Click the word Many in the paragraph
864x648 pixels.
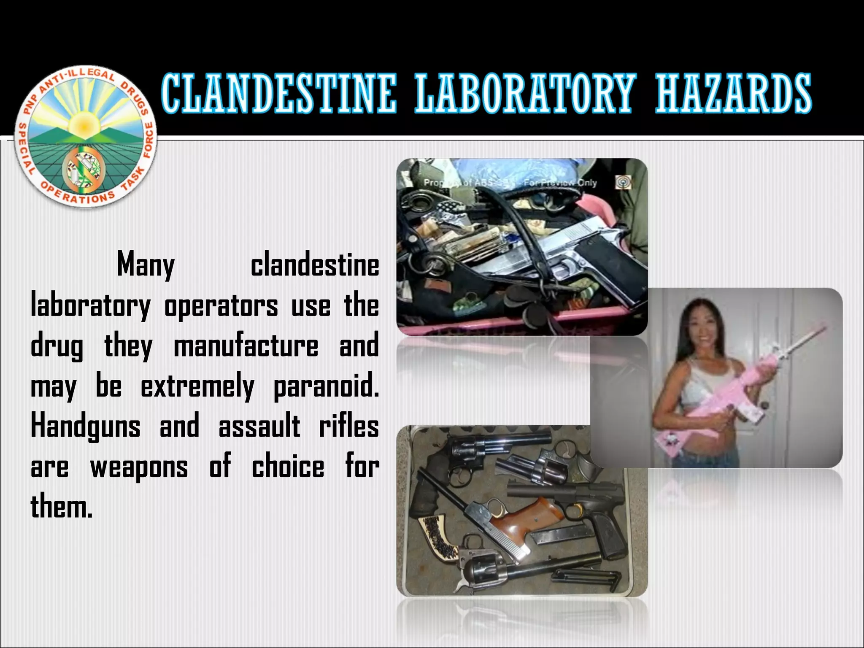click(146, 265)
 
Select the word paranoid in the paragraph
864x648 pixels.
click(325, 386)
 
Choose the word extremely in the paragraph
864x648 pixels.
click(197, 386)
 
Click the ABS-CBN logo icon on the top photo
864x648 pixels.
click(622, 182)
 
